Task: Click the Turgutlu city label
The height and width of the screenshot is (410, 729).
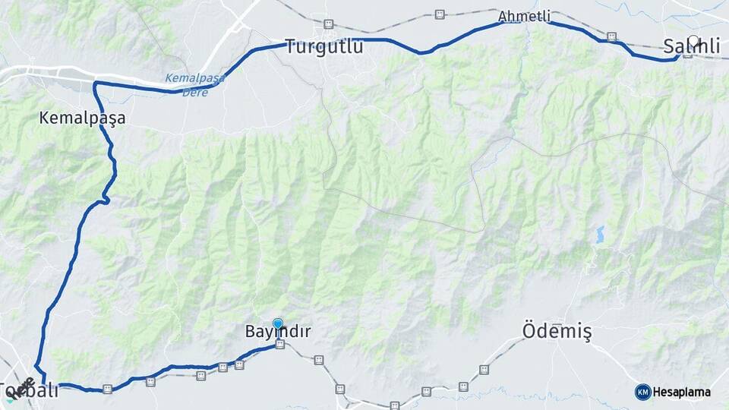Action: coord(324,47)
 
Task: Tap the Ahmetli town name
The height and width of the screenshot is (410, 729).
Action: coord(524,17)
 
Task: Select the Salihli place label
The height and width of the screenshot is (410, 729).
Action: coord(691,47)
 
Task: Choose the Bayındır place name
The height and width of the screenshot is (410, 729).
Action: coord(278,332)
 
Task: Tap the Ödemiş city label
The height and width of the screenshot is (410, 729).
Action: coord(557,332)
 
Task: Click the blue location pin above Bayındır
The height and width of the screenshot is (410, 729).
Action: coord(278,323)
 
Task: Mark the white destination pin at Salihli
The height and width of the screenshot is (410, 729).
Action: coord(693,40)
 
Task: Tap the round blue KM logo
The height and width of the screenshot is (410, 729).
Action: coord(642,392)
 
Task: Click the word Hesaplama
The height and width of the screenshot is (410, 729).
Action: coord(682,393)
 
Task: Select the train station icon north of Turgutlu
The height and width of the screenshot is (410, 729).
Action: coord(328,24)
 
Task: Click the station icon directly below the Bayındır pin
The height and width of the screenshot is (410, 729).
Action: coord(280,345)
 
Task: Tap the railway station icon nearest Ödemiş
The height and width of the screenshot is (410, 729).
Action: coord(484,370)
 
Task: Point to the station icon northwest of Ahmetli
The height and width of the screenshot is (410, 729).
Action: coord(440,14)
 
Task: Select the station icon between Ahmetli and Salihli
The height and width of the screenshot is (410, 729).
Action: coord(612,36)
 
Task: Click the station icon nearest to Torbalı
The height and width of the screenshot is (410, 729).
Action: coord(108,389)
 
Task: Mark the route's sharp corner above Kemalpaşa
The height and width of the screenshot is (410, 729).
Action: coord(95,84)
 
